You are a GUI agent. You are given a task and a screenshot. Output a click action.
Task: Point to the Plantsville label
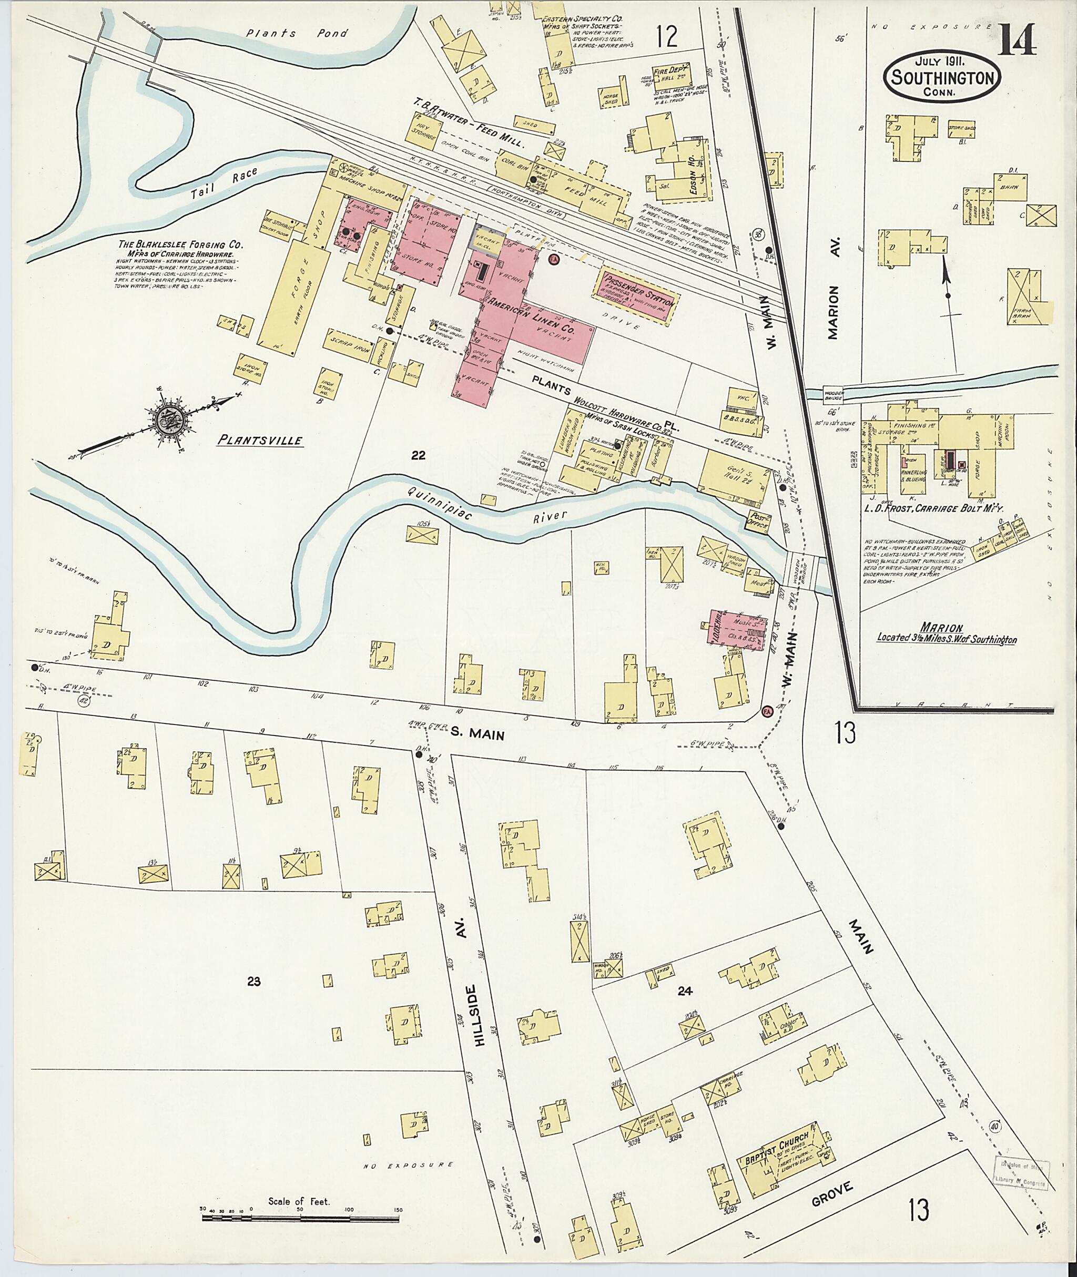(261, 440)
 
